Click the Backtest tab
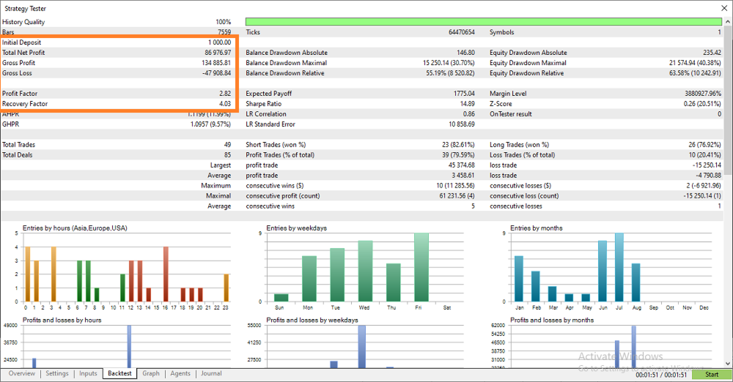pos(119,373)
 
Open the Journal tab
pos(211,373)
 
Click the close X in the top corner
pos(724,8)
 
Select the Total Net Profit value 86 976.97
pos(218,53)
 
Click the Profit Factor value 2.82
pos(225,94)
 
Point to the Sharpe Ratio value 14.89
pos(468,104)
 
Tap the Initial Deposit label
pos(21,42)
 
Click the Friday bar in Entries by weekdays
pos(421,267)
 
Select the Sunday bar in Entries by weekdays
pos(281,297)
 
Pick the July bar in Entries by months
pos(619,267)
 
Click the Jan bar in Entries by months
pos(519,279)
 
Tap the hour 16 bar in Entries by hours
pos(166,274)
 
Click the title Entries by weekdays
pos(296,228)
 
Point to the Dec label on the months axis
pos(704,308)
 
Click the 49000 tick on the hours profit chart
pos(10,326)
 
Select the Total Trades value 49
pos(227,145)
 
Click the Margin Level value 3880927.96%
pos(703,94)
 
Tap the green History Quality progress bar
pos(483,21)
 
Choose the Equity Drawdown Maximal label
pos(528,63)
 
